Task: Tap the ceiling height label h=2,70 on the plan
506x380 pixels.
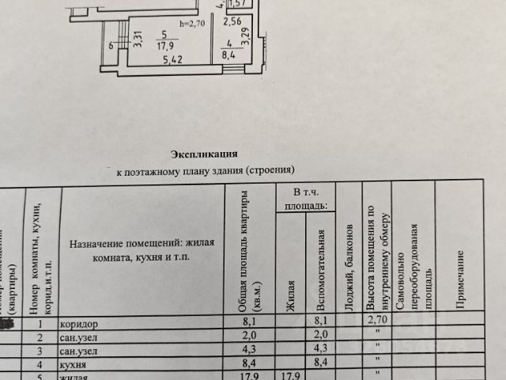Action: (193, 24)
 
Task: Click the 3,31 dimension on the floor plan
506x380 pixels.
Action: (138, 40)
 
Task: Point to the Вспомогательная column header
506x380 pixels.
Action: (321, 268)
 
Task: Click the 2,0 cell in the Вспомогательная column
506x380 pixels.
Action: (320, 336)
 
